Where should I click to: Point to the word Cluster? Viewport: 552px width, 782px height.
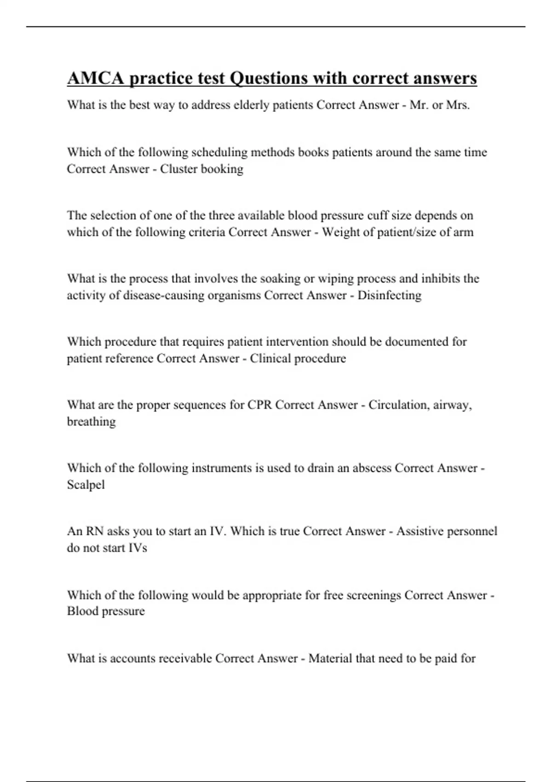(178, 169)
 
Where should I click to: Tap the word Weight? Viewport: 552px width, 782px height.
(341, 232)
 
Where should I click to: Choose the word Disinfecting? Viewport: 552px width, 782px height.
(389, 295)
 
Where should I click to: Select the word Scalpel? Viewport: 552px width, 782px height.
(86, 485)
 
